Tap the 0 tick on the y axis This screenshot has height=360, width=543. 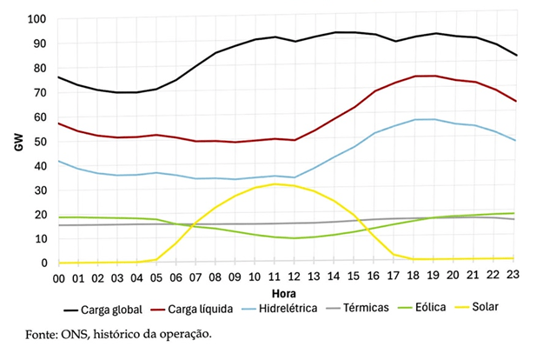(43, 263)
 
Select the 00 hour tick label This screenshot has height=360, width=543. (60, 277)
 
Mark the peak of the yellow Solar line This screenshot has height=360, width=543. (278, 183)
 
